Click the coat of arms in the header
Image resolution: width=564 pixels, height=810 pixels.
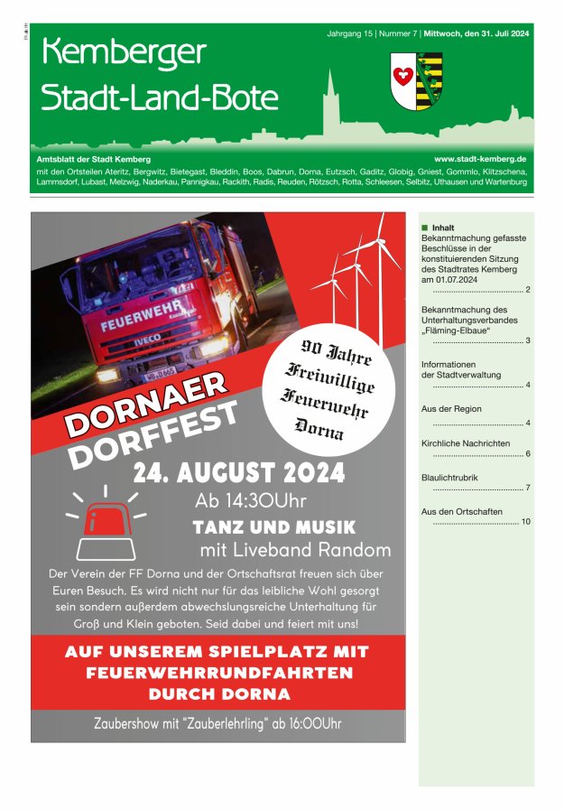click(416, 81)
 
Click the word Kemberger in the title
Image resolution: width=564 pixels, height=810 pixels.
click(124, 53)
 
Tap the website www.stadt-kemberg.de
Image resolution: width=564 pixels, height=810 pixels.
click(480, 158)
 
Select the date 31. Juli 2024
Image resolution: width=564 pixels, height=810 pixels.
click(497, 33)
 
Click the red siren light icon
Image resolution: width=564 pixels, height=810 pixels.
click(105, 518)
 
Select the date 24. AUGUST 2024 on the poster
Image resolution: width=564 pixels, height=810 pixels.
click(238, 472)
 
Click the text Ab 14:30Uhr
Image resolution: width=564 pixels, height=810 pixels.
click(251, 501)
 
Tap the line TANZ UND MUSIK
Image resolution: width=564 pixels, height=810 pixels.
click(274, 527)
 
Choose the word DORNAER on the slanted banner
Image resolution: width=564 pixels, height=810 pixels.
click(146, 403)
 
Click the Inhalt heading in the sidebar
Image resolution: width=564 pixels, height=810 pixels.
click(443, 228)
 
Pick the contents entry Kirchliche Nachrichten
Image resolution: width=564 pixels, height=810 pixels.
click(465, 443)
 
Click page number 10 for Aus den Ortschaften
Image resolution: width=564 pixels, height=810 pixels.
click(525, 522)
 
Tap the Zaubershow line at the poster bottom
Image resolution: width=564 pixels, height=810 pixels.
click(217, 722)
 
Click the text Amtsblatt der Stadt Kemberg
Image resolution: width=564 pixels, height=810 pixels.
click(93, 158)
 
